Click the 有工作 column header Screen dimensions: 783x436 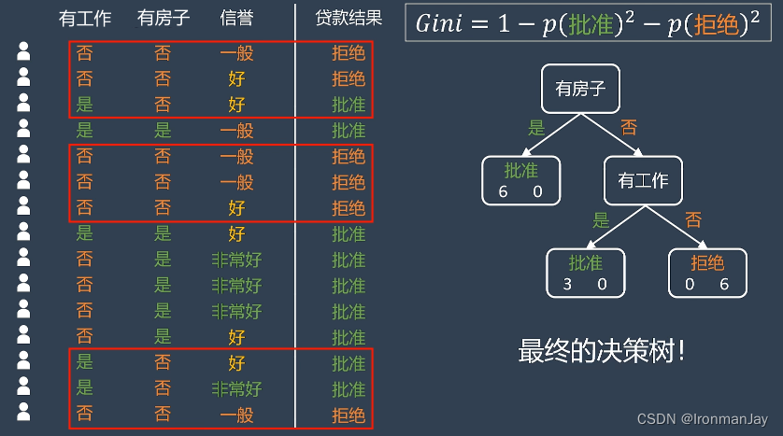tap(84, 18)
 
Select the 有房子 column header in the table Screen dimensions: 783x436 tap(163, 18)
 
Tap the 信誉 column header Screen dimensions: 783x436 tap(236, 18)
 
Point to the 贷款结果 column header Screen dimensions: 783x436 tap(349, 18)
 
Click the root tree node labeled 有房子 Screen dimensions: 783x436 tap(581, 90)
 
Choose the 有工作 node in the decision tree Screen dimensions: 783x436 tap(644, 180)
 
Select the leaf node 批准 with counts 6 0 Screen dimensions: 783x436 tap(520, 180)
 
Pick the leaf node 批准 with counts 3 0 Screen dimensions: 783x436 tap(585, 272)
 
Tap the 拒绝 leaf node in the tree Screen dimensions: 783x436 tap(707, 272)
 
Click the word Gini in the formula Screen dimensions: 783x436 tap(439, 24)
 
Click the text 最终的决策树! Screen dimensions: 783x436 tap(604, 351)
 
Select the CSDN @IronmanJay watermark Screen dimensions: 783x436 tap(705, 419)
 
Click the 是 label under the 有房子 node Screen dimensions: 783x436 tap(536, 128)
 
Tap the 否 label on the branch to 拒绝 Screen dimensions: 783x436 tap(693, 220)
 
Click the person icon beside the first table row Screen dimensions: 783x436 tap(23, 53)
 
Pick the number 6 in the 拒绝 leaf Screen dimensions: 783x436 tap(723, 284)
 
